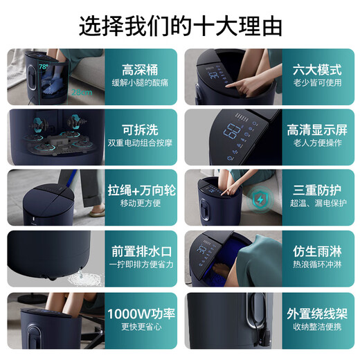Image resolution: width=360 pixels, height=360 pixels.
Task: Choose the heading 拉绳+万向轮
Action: tap(141, 190)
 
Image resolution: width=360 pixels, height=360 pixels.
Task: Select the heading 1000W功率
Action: tap(141, 311)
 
